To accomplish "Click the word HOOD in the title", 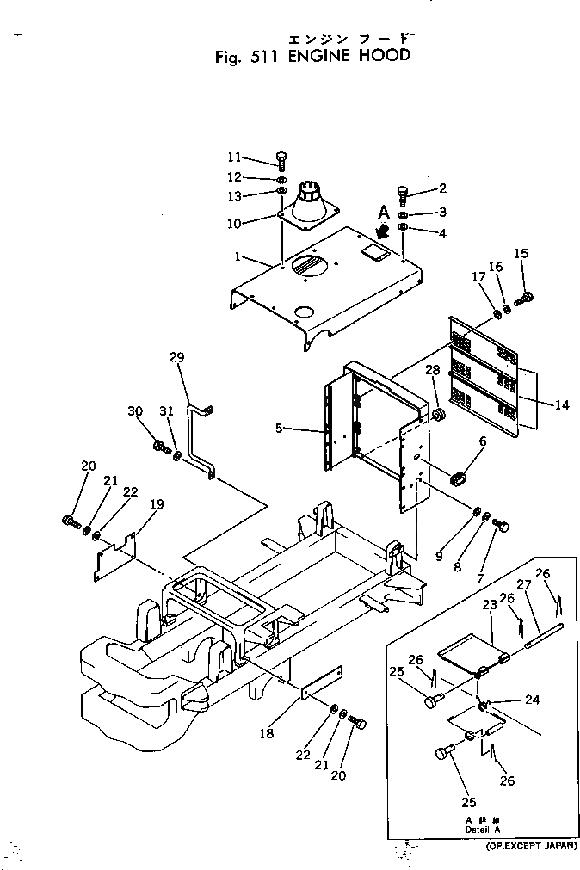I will tap(381, 57).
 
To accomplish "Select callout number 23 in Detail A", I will tap(490, 605).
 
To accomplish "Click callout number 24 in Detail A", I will tap(533, 700).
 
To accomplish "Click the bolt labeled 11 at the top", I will tap(281, 159).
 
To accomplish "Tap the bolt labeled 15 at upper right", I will tap(525, 298).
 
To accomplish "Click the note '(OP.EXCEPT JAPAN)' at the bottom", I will tap(528, 848).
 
